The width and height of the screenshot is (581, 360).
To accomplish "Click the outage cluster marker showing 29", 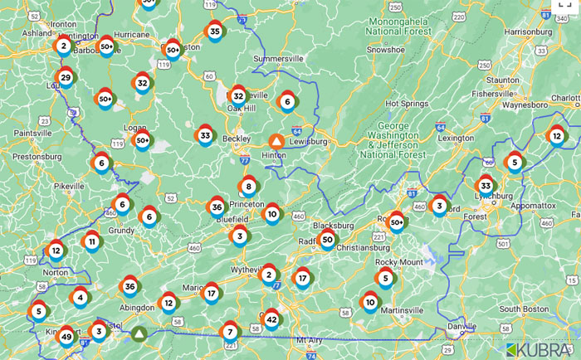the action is [66, 78].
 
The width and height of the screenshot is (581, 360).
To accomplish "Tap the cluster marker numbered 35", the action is [214, 32].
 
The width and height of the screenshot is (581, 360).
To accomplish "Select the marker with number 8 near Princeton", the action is [247, 186].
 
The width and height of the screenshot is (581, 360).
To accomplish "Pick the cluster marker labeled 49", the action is [66, 337].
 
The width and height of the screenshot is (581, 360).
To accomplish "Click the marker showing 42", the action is [271, 319].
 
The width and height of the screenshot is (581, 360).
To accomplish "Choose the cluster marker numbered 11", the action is [91, 242].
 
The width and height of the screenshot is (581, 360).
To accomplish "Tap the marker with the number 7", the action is [230, 332].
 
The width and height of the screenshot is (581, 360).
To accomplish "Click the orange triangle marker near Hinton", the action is [276, 142].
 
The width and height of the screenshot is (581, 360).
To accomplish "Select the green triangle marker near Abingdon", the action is [139, 333].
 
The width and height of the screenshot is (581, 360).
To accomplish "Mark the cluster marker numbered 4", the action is [80, 296].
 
